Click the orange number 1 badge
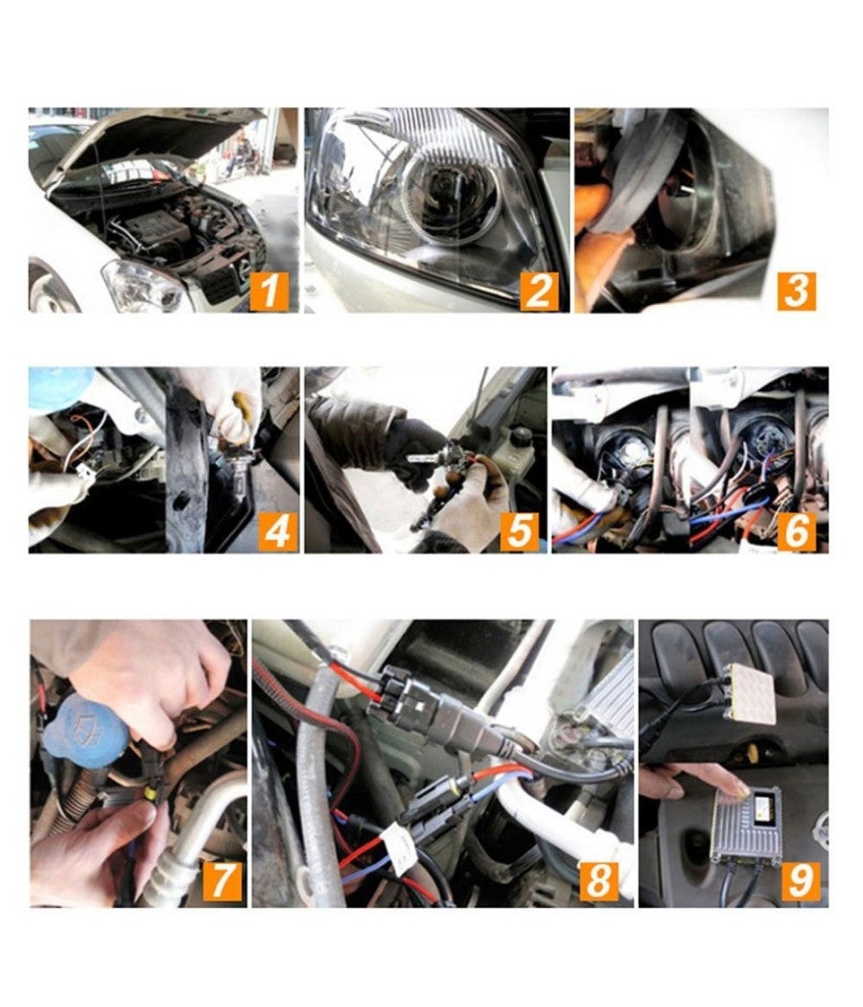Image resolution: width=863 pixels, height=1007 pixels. pyautogui.click(x=269, y=292)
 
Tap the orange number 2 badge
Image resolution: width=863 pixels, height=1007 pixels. pyautogui.click(x=539, y=292)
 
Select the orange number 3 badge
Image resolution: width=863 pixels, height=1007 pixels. pyautogui.click(x=795, y=292)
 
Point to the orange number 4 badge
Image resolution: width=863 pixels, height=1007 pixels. pyautogui.click(x=277, y=531)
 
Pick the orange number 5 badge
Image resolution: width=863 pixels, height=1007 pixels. pyautogui.click(x=519, y=531)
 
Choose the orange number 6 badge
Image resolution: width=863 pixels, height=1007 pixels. pyautogui.click(x=795, y=531)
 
